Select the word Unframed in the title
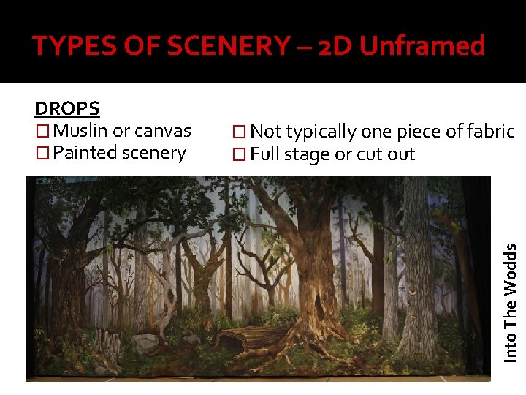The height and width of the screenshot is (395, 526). [x=422, y=47]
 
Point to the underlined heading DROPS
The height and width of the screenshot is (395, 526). [x=67, y=108]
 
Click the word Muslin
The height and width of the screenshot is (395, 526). [x=81, y=131]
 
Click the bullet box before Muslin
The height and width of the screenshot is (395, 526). [x=42, y=132]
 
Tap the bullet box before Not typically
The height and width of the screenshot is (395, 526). [x=239, y=132]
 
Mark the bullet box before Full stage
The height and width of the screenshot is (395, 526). [x=239, y=155]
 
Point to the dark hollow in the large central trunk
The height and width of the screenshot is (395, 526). [x=319, y=304]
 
